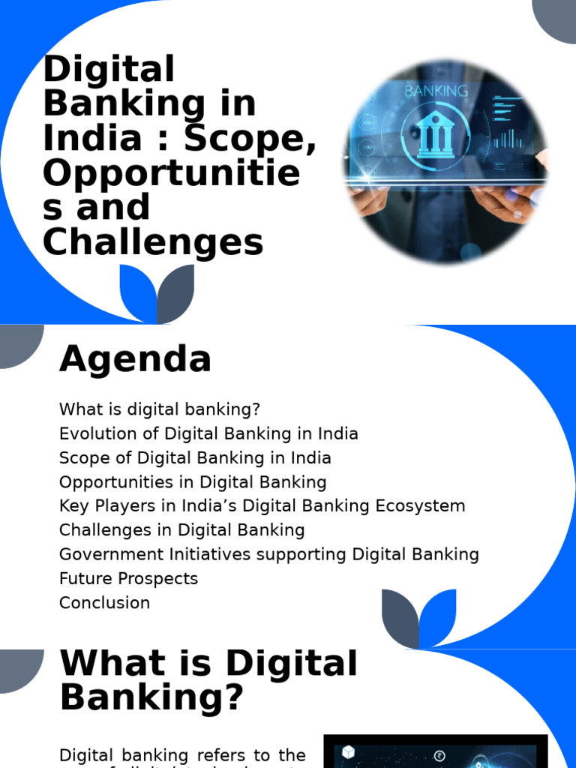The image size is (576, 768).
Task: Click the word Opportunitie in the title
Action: [171, 174]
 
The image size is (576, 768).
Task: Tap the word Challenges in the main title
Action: [153, 242]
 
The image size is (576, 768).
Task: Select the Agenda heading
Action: [135, 358]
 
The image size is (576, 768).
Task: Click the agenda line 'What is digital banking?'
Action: [160, 409]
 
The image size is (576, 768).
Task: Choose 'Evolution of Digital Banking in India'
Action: [208, 433]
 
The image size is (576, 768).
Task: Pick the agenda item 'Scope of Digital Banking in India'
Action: [195, 457]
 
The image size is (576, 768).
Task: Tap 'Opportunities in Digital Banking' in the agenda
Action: [193, 481]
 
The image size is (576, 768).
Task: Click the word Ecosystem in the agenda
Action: [427, 505]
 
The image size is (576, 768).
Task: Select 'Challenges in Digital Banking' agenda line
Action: [181, 529]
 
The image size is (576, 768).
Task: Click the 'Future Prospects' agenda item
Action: [128, 578]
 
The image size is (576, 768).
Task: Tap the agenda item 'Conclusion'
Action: [104, 602]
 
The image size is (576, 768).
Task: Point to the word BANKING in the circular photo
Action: [436, 91]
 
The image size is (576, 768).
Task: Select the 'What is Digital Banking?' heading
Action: [208, 680]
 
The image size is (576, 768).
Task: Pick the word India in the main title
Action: [91, 139]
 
